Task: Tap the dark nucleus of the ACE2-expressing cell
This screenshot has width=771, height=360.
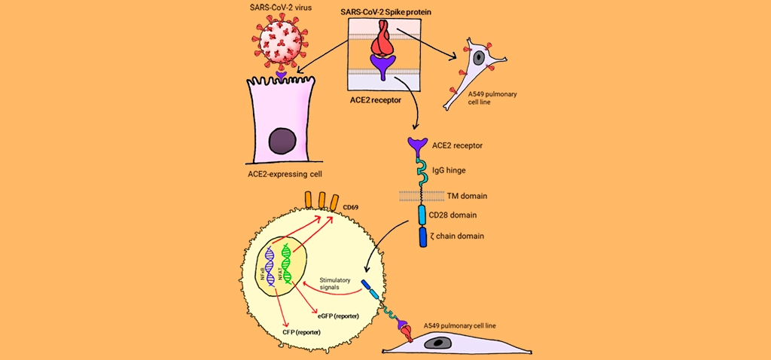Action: [282, 142]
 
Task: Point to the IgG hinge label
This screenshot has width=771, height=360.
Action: [449, 170]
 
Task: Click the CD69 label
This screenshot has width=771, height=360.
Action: [349, 207]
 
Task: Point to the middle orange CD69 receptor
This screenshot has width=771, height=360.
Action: [322, 199]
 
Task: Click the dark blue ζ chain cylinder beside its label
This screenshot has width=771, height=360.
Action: [422, 236]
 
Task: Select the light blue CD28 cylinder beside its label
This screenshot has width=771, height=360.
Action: [422, 215]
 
